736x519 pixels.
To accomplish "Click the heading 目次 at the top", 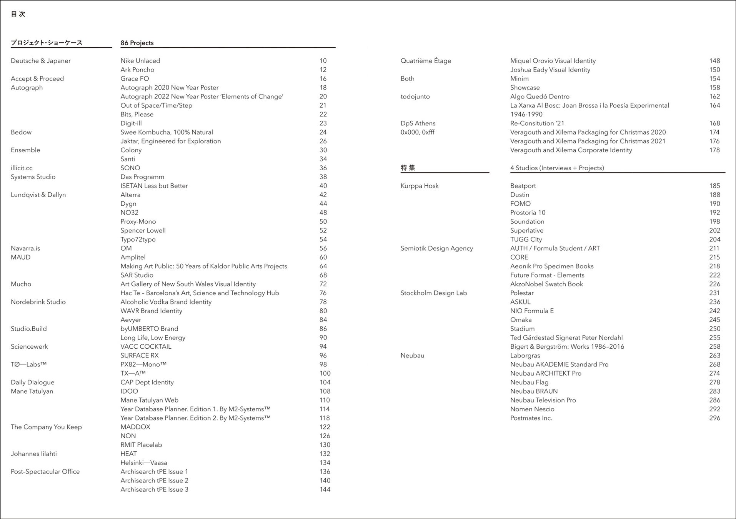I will coord(18,14).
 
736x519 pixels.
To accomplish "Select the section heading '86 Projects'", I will coord(137,43).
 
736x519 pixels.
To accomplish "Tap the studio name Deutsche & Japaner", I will coord(41,61).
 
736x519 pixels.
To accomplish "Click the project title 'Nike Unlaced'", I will coord(140,61).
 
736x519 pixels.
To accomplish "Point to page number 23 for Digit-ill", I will coord(323,123).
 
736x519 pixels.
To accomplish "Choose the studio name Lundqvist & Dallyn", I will coord(38,195).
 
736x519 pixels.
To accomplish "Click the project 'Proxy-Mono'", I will coord(138,222).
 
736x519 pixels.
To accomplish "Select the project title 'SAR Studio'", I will coord(137,275).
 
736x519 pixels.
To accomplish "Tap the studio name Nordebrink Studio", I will coord(38,302).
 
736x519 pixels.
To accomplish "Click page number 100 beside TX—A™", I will coord(325,374).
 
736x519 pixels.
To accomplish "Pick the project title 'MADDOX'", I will coord(135,427).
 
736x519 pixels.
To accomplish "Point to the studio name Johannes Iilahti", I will coord(33,454).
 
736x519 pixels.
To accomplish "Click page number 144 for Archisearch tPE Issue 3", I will coord(325,490).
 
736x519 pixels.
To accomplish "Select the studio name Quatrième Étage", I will coord(426,61).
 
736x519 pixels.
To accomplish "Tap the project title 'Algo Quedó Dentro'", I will coord(540,96).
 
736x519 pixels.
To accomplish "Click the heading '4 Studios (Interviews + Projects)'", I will coord(557,168).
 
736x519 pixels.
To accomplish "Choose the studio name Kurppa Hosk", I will coord(420,186).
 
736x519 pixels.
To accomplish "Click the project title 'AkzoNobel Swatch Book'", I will coord(546,284).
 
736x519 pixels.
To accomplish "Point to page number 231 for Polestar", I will coord(714,293).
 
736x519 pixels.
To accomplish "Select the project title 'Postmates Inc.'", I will coord(531,418).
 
